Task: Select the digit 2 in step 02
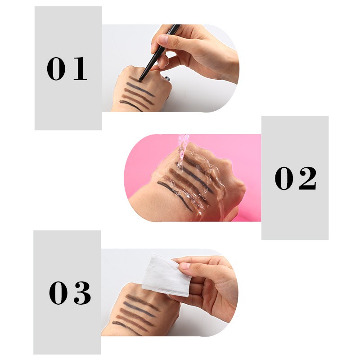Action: coord(307,178)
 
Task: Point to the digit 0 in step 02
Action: coord(284,178)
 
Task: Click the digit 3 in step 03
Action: coord(81,292)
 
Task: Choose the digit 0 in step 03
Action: coord(58,292)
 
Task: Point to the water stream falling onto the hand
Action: coord(182,148)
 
